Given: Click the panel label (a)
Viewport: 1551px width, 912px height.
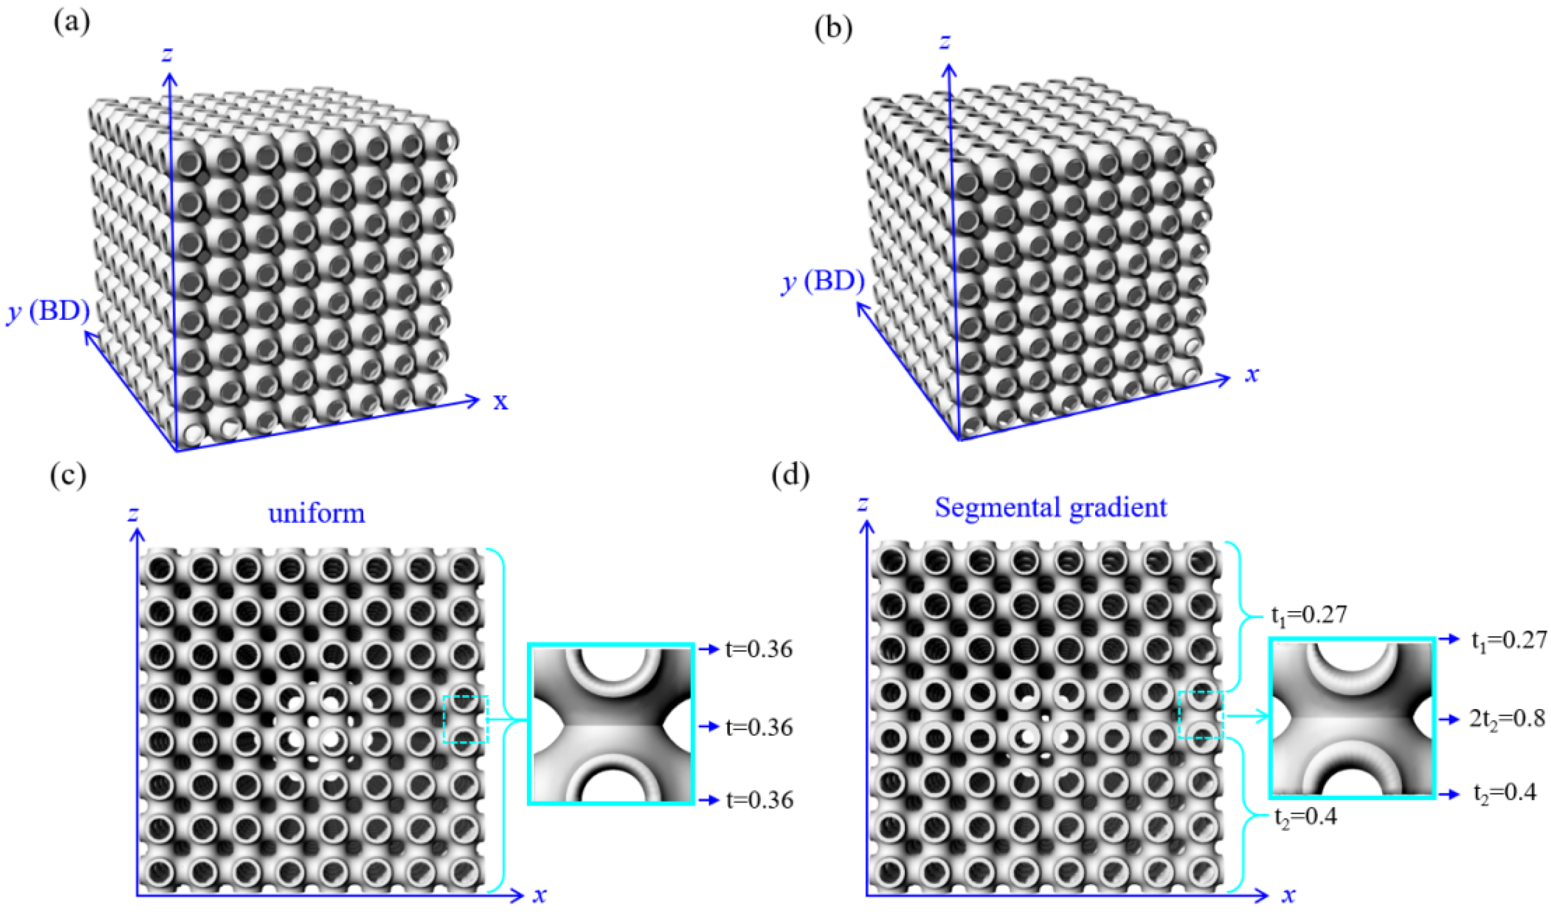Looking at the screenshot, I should tap(72, 23).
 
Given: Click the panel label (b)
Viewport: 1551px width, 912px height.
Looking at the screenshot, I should tap(833, 29).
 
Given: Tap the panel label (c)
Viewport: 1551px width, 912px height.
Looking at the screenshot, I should tap(68, 476).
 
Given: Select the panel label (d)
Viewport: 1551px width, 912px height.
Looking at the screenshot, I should tap(790, 475).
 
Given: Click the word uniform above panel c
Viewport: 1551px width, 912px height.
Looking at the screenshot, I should tap(317, 513).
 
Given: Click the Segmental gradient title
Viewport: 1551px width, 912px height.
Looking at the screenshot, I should tap(1050, 508).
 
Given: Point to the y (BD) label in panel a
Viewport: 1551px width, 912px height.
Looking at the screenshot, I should tap(48, 312).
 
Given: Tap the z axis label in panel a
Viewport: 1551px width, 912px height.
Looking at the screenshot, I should tap(166, 54).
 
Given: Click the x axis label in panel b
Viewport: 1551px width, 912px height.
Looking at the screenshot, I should tap(1251, 374).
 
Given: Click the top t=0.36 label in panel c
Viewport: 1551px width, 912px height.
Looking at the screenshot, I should tap(759, 649).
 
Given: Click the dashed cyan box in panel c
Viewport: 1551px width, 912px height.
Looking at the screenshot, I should tap(466, 719).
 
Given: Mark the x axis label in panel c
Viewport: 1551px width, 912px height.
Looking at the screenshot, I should tap(540, 894).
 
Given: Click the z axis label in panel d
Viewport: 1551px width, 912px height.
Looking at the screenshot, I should tap(863, 503).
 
